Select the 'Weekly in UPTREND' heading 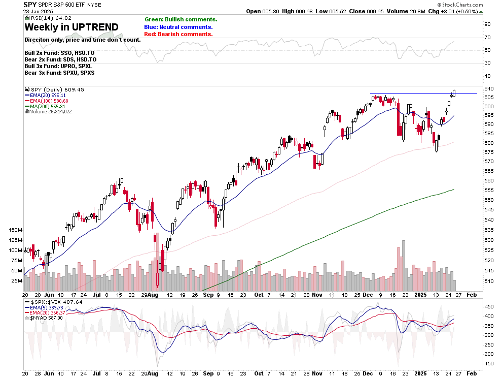click(71, 27)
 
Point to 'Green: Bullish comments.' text click(181, 19)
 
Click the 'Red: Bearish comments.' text click(178, 34)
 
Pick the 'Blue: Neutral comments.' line click(178, 27)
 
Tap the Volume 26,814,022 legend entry click(50, 112)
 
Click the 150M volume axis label click(15, 230)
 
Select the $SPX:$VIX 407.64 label click(54, 302)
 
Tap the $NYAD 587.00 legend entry click(47, 318)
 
